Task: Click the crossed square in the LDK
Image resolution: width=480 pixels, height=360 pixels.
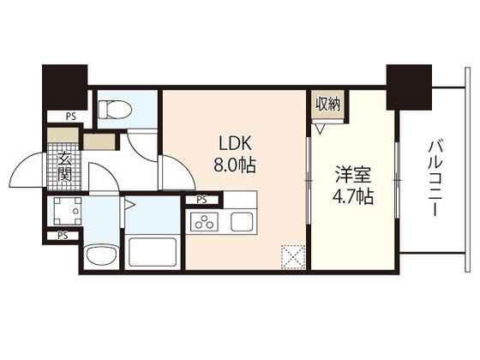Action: (x=292, y=256)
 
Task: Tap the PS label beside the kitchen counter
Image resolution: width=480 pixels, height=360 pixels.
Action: (x=202, y=201)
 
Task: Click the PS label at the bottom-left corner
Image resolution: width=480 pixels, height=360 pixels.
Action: (x=63, y=235)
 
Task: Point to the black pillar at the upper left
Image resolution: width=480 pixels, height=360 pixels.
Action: (x=65, y=87)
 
